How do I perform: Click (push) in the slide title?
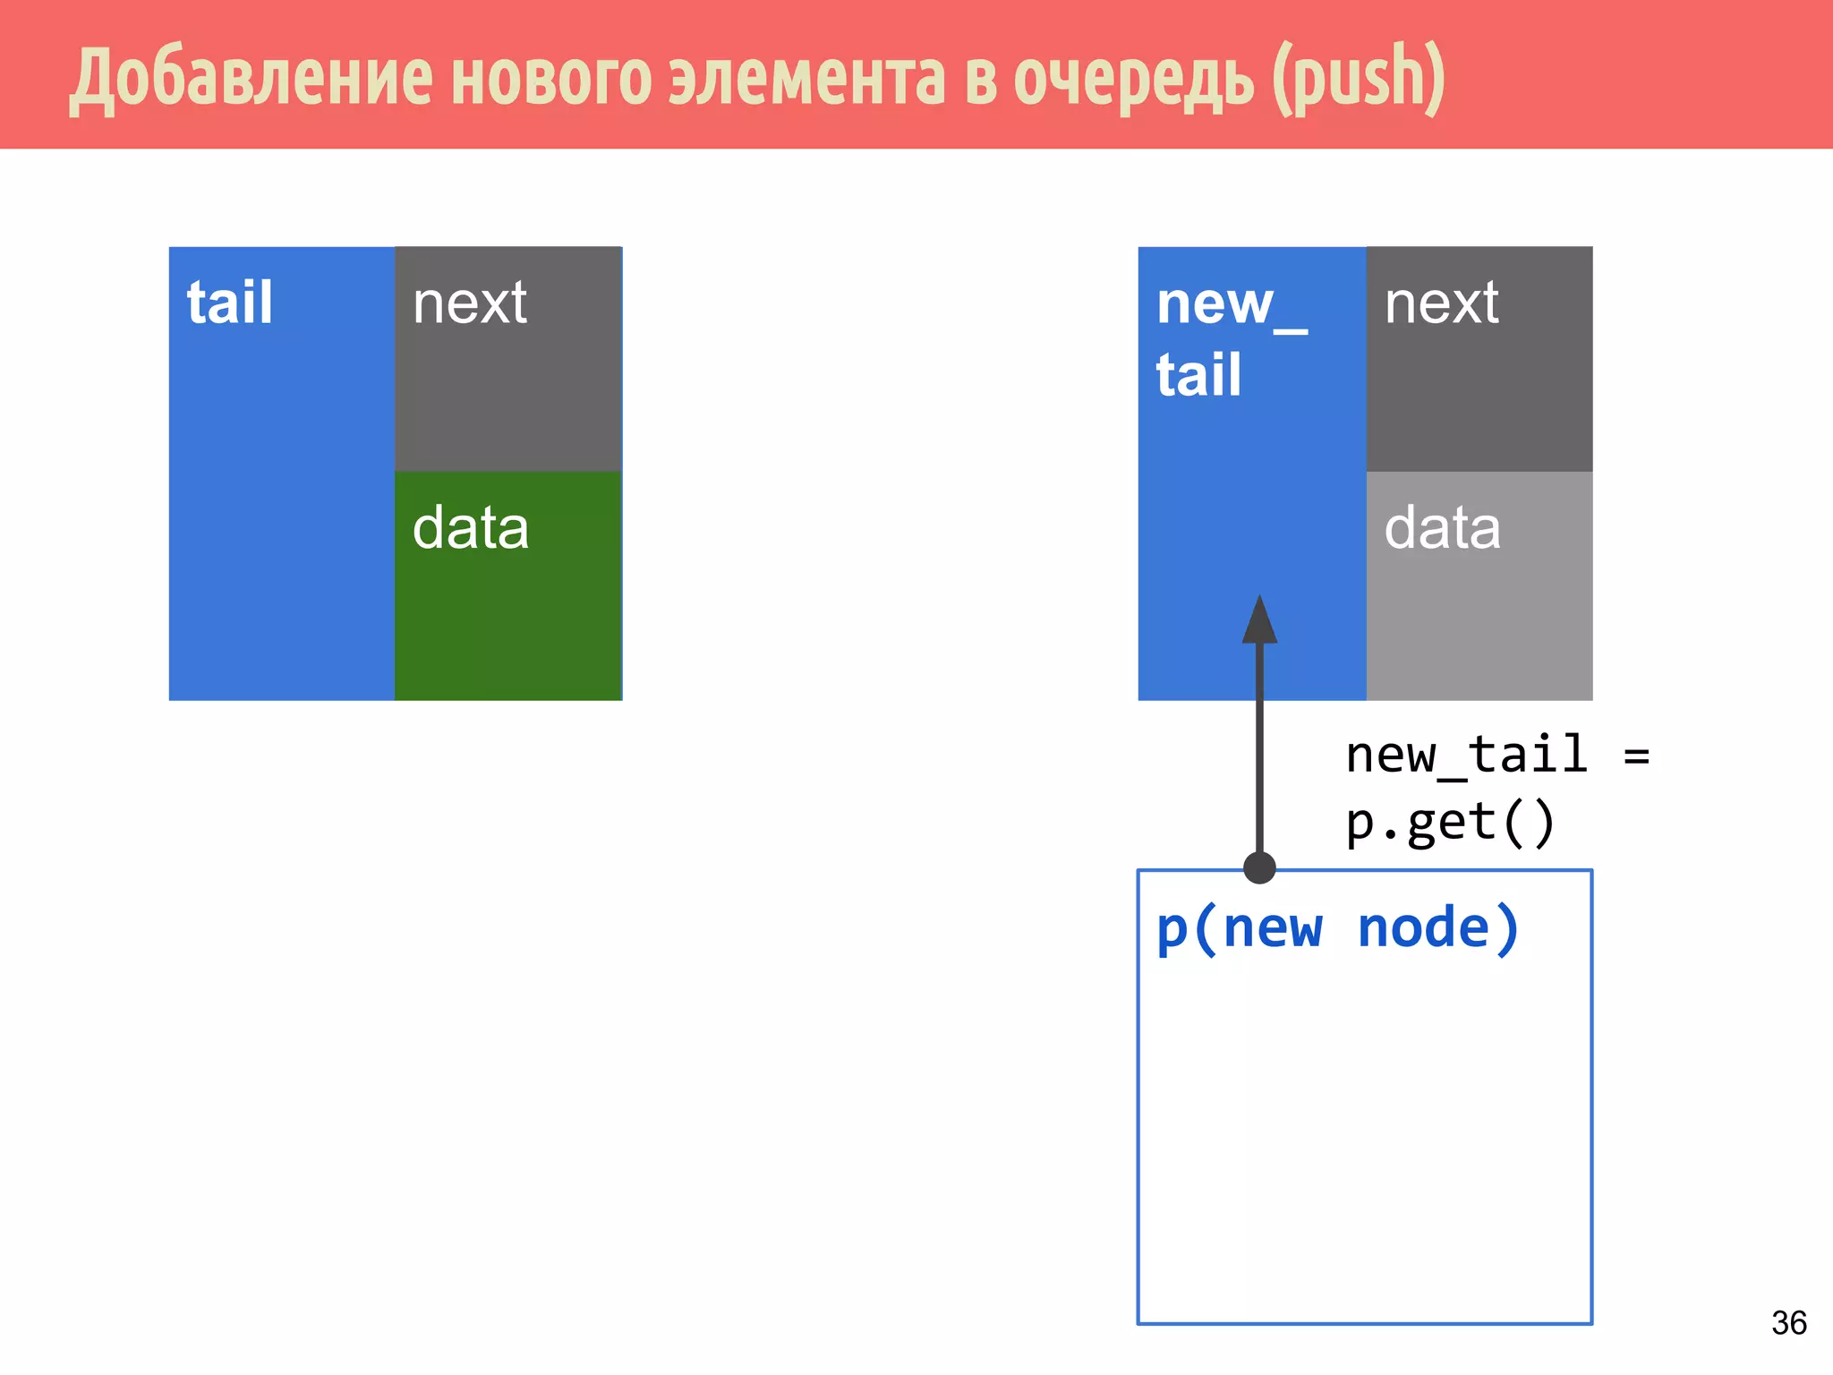pos(1359,79)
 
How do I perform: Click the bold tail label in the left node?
pos(229,303)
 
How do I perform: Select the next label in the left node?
pos(470,303)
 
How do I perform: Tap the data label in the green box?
pos(471,527)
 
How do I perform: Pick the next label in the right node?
pos(1442,303)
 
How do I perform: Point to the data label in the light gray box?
pos(1442,527)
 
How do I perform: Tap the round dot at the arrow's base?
pos(1259,867)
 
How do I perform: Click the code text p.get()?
pos(1449,824)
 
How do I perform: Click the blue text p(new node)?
pos(1337,928)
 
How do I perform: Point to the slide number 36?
pos(1788,1323)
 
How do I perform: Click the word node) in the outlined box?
pos(1438,928)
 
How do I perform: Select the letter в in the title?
pos(980,79)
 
